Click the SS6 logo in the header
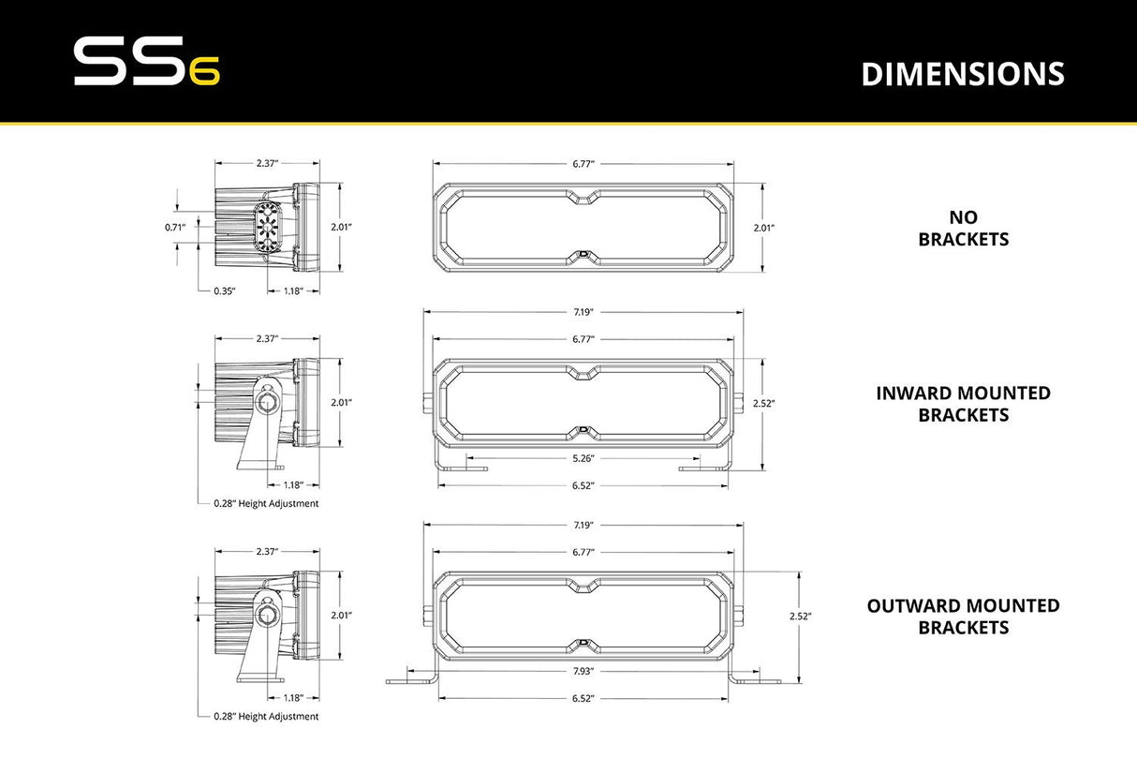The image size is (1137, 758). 146,63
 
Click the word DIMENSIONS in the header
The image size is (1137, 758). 962,74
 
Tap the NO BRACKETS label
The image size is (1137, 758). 963,228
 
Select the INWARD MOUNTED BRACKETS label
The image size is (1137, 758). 963,404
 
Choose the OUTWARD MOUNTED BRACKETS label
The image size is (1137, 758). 963,617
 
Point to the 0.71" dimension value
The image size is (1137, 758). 175,227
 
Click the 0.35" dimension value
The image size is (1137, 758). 222,291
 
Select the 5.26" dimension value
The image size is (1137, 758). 583,458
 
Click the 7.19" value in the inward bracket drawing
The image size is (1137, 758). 583,312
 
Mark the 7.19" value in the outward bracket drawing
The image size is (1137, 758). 583,526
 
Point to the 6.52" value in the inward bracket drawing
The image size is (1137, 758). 583,485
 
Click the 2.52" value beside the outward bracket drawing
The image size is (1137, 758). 799,617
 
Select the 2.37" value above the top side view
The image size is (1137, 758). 268,163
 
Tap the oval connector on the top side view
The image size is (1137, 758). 269,225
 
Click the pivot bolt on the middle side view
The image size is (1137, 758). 268,402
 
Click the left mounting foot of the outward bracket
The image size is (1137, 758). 408,672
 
